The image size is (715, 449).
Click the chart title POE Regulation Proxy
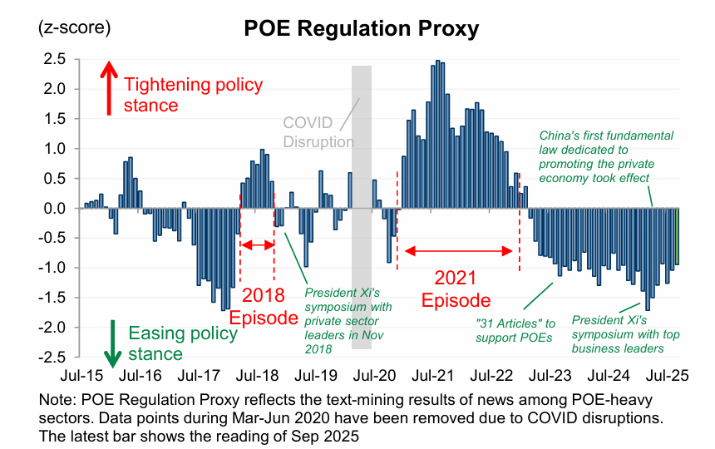tap(361, 28)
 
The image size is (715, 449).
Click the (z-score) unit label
tap(74, 27)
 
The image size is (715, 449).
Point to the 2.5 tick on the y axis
tap(55, 59)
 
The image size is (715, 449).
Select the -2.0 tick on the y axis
tap(53, 328)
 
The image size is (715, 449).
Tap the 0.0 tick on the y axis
tap(55, 209)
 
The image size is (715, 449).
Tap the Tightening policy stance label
tap(193, 95)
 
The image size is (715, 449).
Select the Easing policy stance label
tap(183, 343)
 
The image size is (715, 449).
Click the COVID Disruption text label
tap(318, 131)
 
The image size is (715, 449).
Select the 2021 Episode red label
tap(456, 289)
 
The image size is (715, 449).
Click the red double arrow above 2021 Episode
tap(457, 249)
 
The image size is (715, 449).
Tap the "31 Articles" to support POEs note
tap(515, 329)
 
